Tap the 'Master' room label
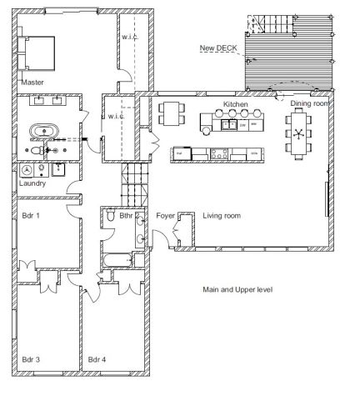[32, 83]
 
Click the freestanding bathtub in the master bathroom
[42, 132]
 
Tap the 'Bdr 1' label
[32, 215]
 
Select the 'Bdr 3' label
[32, 360]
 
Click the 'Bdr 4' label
[97, 360]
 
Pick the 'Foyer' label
[165, 215]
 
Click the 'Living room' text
[221, 215]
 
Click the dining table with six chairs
[300, 131]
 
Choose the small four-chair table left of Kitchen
[171, 113]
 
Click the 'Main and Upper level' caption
[237, 290]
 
